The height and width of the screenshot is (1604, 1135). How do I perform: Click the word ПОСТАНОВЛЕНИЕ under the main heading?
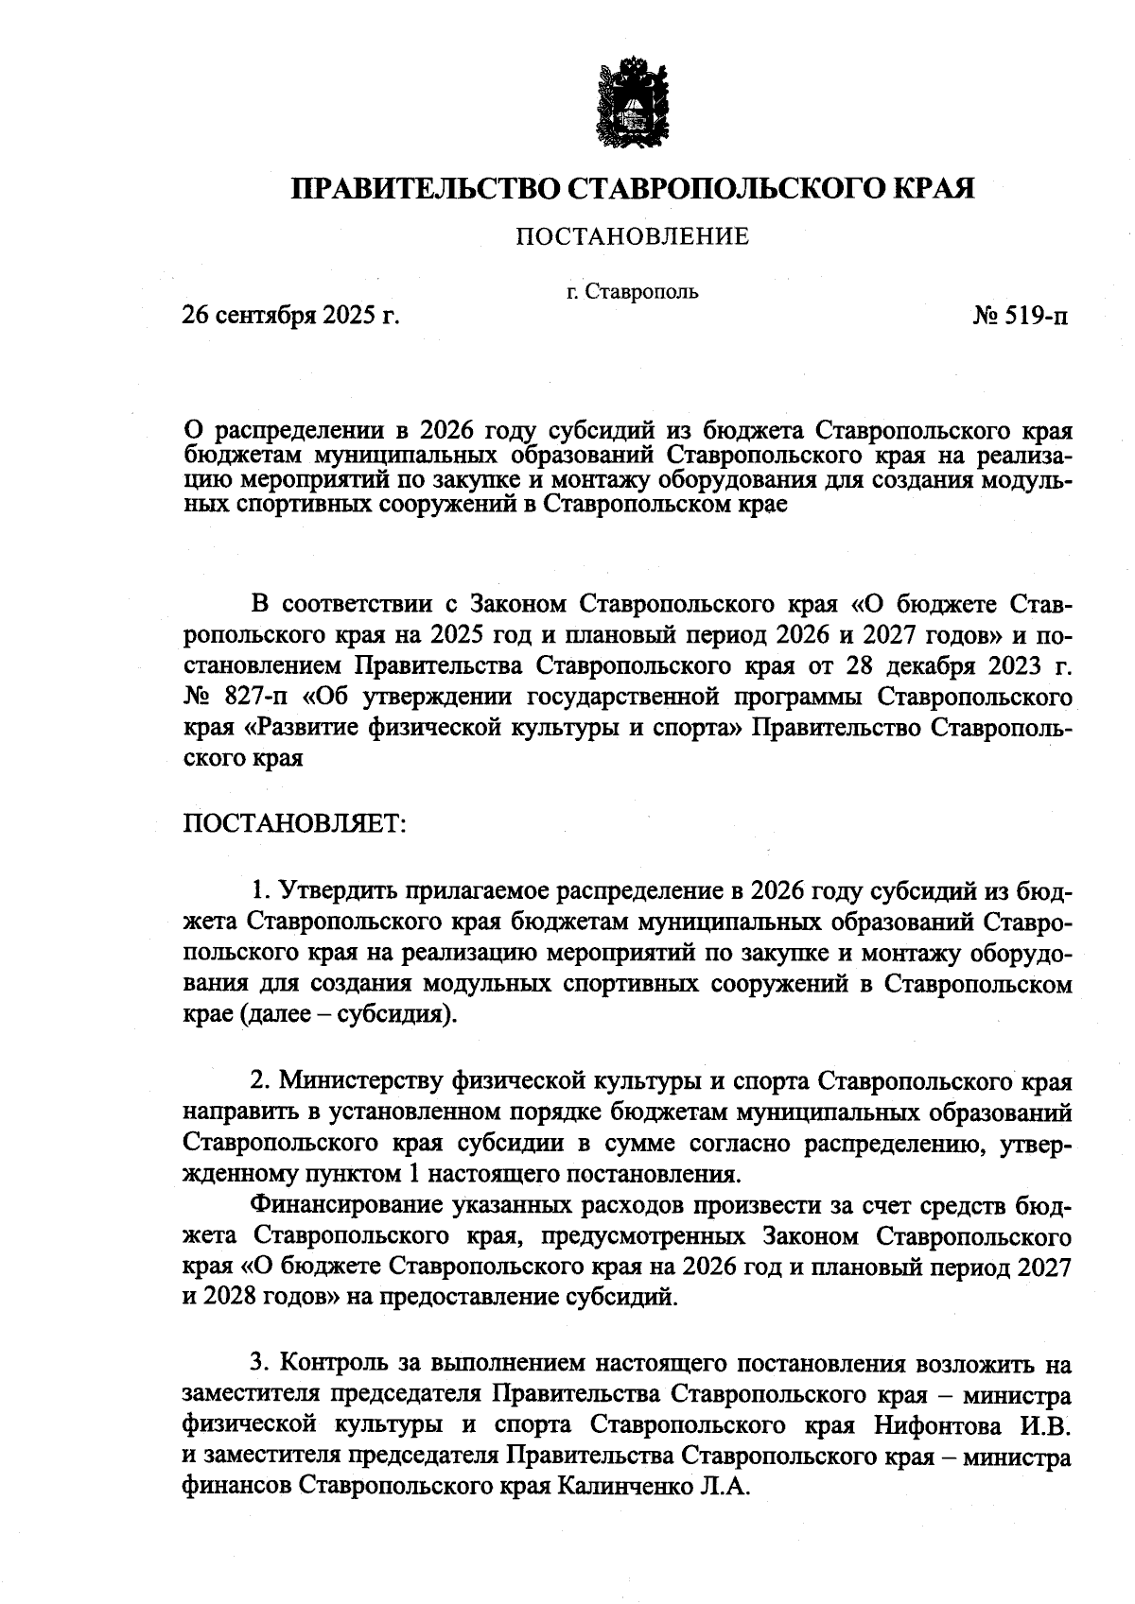point(631,236)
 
